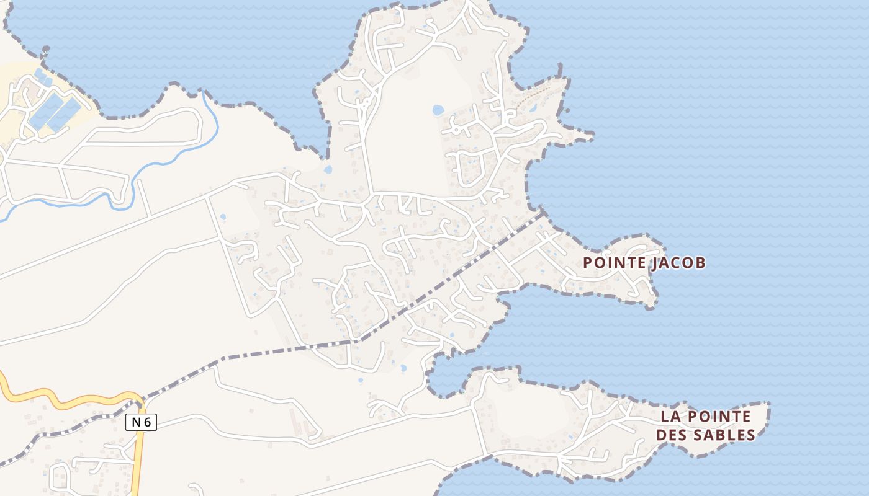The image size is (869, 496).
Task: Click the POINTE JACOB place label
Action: (x=644, y=263)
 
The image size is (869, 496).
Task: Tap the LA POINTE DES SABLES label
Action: (x=706, y=425)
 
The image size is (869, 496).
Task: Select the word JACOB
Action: (x=678, y=263)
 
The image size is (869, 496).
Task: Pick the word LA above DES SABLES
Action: (x=669, y=416)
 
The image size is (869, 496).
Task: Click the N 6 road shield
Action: (x=141, y=422)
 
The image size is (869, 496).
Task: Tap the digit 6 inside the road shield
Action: (x=148, y=422)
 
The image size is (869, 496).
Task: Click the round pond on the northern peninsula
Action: (x=438, y=110)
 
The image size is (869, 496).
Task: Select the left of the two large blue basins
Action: (x=45, y=112)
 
